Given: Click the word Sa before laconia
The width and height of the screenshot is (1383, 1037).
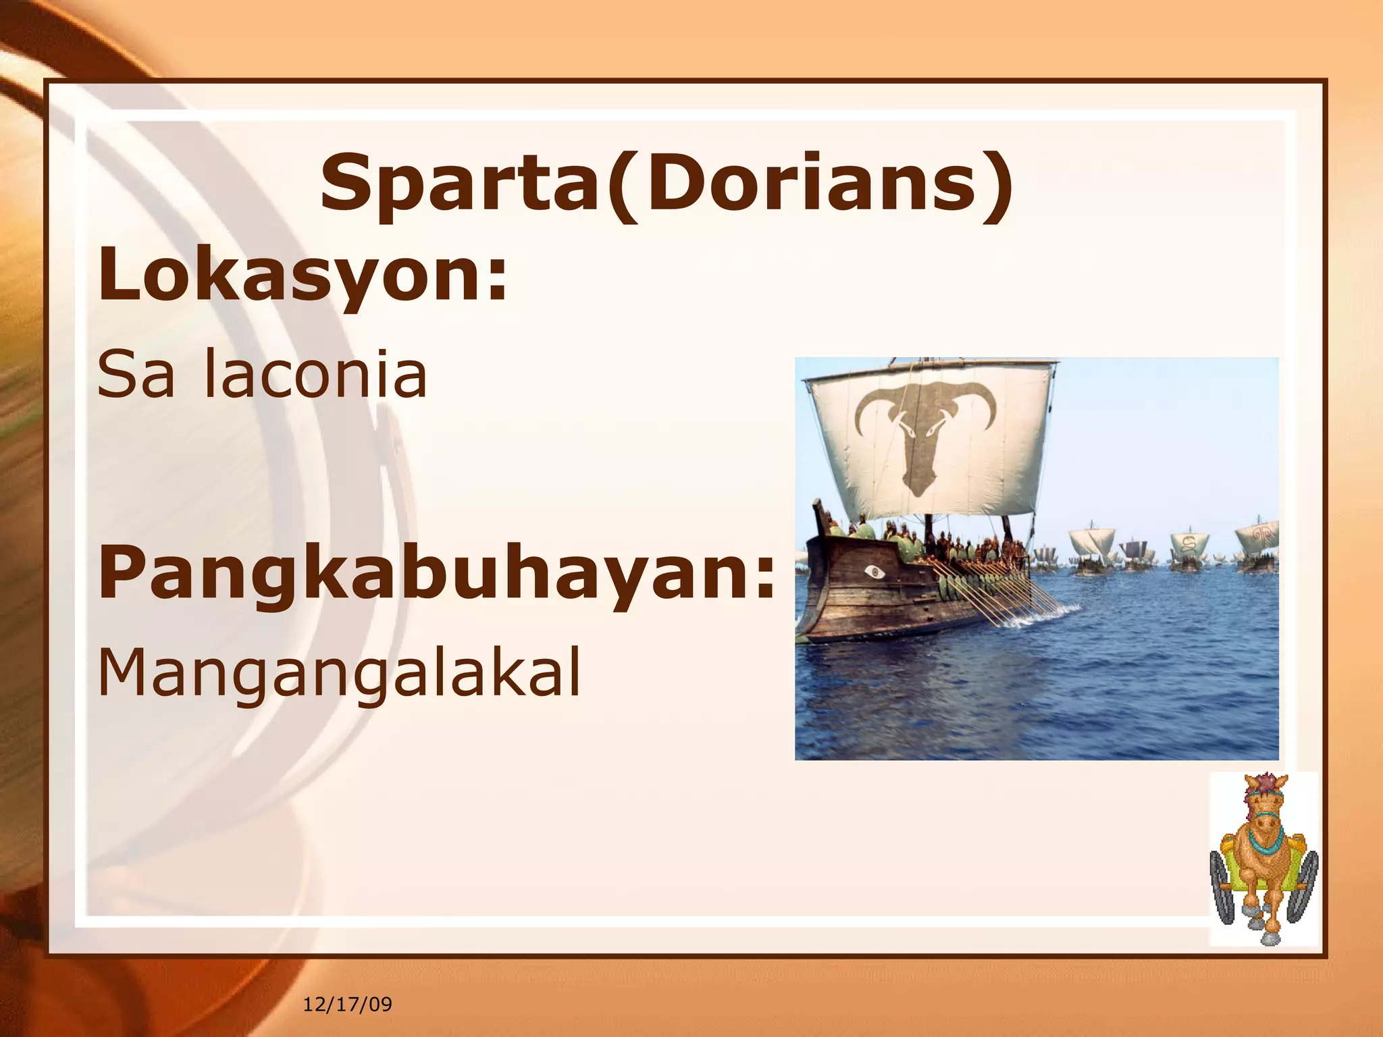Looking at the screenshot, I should (135, 375).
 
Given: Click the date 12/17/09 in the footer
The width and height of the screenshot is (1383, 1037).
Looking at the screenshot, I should (347, 1004).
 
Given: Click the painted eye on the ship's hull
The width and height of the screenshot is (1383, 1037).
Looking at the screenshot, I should (875, 573).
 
